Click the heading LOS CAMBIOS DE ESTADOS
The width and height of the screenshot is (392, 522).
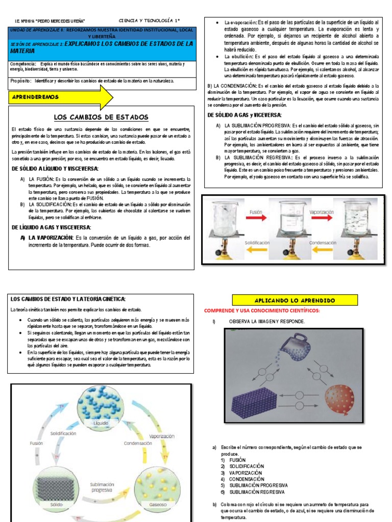coord(101,117)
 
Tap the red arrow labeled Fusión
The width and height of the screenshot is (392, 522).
coord(256,218)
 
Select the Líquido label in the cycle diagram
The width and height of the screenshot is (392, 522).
coord(101,423)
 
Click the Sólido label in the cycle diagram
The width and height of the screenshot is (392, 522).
coord(57,504)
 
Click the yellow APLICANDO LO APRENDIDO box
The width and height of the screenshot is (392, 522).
coord(289,301)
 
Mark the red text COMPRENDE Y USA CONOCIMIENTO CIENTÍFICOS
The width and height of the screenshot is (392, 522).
coord(261,310)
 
